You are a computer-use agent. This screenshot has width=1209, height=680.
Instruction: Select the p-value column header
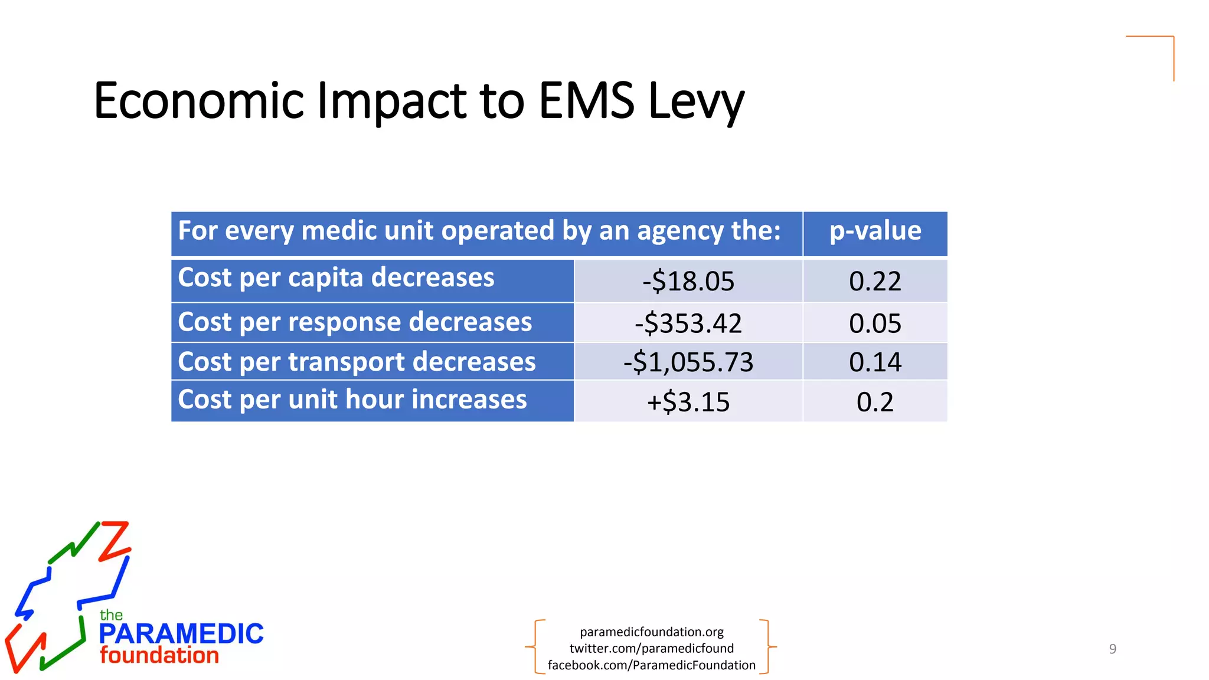point(875,231)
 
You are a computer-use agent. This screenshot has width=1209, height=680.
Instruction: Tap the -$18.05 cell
point(688,281)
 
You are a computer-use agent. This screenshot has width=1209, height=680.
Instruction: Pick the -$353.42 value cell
point(688,323)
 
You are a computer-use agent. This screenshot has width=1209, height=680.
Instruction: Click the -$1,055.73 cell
point(688,362)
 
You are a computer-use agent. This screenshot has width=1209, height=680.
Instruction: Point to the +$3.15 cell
point(688,402)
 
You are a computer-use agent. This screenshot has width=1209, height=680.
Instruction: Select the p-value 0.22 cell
point(875,281)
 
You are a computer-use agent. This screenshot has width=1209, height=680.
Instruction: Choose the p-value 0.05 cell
point(875,323)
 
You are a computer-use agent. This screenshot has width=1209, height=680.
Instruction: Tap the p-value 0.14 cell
point(875,362)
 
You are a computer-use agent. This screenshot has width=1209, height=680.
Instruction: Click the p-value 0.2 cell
point(875,402)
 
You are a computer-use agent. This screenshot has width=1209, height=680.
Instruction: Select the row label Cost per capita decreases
point(336,277)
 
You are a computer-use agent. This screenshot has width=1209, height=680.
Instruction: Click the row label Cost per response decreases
point(355,322)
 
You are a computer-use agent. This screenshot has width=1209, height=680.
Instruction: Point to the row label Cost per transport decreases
point(357,362)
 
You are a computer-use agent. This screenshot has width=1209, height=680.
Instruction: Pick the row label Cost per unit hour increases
point(352,400)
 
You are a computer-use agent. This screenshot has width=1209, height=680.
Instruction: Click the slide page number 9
point(1113,649)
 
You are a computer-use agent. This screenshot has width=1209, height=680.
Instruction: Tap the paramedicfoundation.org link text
point(652,632)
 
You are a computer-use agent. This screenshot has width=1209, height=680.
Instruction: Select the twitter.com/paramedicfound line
point(652,648)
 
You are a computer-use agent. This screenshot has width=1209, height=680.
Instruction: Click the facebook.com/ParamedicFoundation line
point(652,665)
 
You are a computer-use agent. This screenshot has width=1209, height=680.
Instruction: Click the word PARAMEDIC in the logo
point(181,634)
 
